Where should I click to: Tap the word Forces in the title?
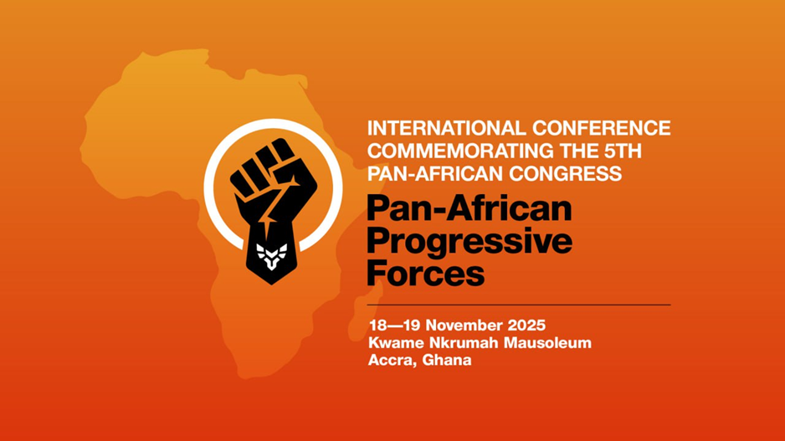pos(426,273)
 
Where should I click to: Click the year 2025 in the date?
pos(529,324)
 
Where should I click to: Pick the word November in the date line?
pos(464,324)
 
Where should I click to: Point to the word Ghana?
pos(447,361)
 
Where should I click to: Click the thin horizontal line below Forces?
pos(519,305)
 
